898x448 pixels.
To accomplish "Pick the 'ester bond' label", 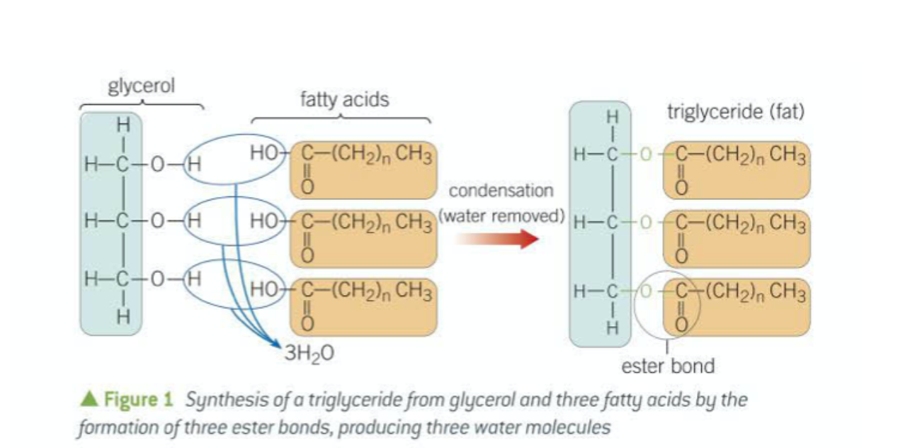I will pyautogui.click(x=668, y=366).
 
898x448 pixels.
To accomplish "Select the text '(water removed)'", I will pyautogui.click(x=501, y=215).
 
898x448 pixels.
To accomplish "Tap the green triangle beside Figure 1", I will pyautogui.click(x=90, y=400).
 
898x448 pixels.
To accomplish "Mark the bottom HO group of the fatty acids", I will pyautogui.click(x=264, y=291).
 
